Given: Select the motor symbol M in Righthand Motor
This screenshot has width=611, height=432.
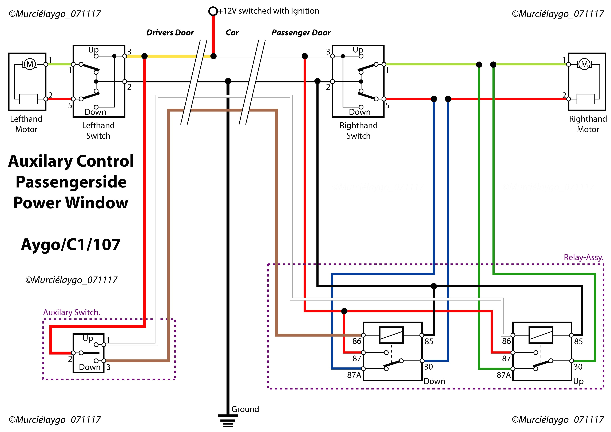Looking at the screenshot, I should pos(584,64).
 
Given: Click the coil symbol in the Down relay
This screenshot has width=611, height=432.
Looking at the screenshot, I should pos(391,335).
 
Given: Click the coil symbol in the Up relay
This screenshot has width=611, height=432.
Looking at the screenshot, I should pos(541,335).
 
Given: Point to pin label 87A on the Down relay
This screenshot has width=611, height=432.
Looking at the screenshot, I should pos(354,375).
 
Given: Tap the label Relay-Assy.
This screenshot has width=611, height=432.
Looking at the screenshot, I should pos(583,258).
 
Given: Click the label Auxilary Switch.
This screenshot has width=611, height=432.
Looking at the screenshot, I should pos(72,312).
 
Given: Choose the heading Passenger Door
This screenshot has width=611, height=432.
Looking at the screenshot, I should pos(301,33).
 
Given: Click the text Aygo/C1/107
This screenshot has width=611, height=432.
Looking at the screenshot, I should pos(71,245).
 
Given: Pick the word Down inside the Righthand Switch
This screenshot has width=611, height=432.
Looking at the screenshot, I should pos(360,112).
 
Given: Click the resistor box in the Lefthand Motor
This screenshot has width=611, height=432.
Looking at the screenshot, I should pos(29,99).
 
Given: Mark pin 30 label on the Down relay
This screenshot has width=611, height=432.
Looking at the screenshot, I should pos(429,367).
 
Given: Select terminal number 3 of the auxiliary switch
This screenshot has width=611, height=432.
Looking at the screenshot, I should pos(108,367).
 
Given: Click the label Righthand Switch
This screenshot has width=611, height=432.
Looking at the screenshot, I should pos(358,130).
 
